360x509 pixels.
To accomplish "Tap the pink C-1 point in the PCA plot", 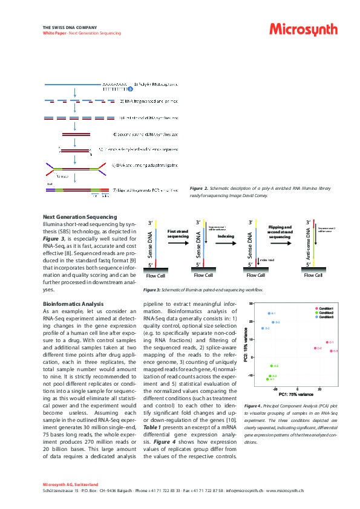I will coord(327,342).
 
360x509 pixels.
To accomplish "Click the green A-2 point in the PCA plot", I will coord(272,366).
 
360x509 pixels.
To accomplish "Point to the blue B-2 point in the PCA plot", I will coord(273,322).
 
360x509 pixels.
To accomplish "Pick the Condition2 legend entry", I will coord(327,313).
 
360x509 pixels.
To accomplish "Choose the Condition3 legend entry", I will coord(327,317).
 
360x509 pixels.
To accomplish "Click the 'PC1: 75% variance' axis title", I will coord(296,394).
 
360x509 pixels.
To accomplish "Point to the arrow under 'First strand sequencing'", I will coord(178,244).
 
